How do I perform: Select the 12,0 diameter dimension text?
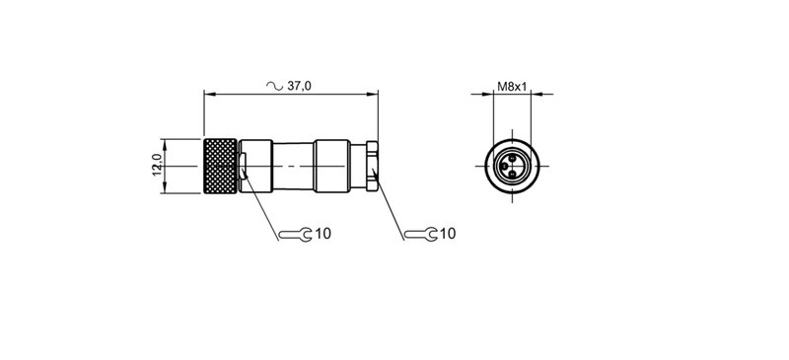click(156, 165)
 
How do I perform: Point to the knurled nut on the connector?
click(220, 165)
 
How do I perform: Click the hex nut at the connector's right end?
click(372, 165)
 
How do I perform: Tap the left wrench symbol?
click(294, 235)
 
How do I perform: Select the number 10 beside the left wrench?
click(323, 235)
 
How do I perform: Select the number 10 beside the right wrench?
click(448, 235)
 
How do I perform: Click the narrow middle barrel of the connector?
click(294, 165)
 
